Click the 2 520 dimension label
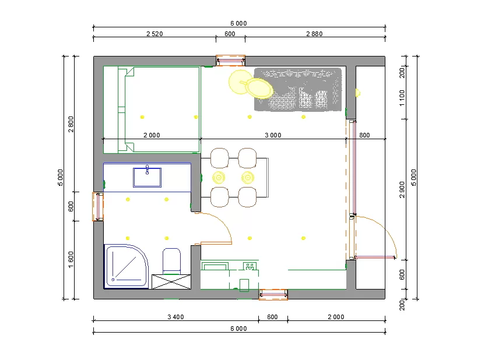tap(155, 34)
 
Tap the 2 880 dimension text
tap(314, 34)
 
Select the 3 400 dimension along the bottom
tap(175, 317)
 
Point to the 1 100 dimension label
tap(402, 98)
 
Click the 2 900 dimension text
tap(402, 190)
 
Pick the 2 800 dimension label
tap(71, 124)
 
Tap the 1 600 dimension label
tap(71, 259)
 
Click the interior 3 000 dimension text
tap(273, 135)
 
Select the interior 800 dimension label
tap(364, 135)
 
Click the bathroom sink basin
tap(148, 178)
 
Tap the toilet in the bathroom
tap(171, 261)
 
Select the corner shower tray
tap(127, 266)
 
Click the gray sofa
tap(298, 89)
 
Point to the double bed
tap(152, 110)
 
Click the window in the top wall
tap(230, 61)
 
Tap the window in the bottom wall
tap(273, 294)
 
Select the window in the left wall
tap(98, 206)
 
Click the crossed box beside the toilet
tap(171, 282)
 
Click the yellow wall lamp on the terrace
tap(357, 93)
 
